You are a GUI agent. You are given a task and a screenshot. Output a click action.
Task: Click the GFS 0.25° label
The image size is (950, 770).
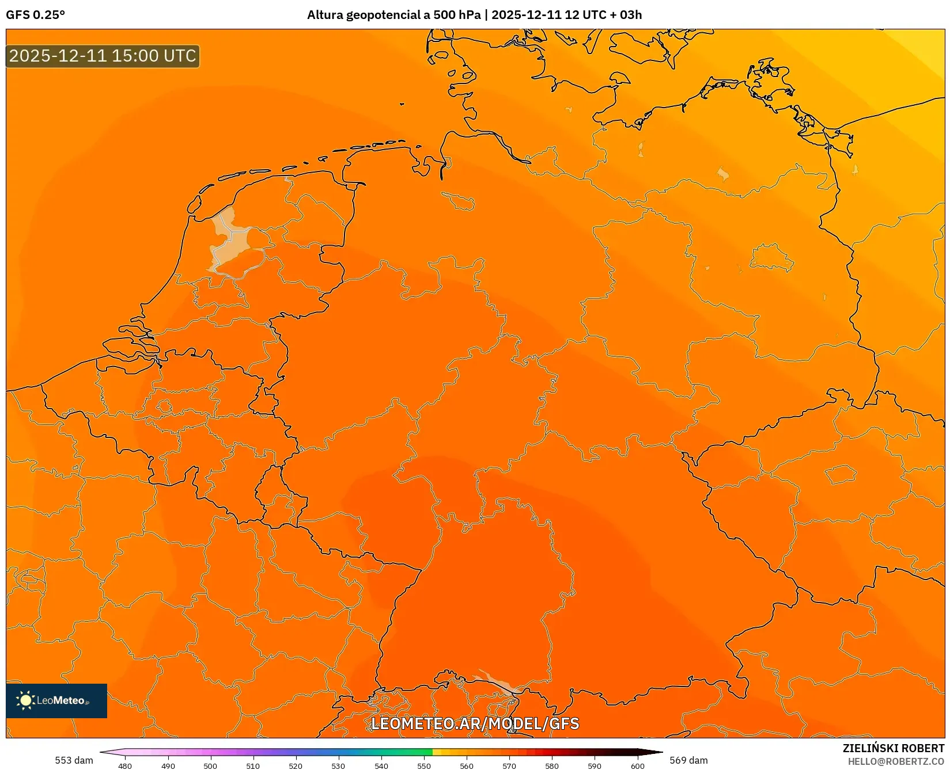tap(36, 15)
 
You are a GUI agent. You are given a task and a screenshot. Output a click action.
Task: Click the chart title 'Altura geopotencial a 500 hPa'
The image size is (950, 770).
tap(393, 15)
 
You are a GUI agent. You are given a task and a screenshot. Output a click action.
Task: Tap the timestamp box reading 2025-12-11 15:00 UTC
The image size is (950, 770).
tap(103, 56)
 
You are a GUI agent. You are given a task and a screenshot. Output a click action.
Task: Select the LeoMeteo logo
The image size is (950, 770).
tap(56, 700)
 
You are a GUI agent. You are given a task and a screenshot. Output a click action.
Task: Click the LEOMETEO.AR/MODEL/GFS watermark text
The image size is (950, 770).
tap(475, 723)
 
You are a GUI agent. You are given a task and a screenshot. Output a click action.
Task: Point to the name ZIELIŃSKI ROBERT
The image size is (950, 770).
tap(893, 748)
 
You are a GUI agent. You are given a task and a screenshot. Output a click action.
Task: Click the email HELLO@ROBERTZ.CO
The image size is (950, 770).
tap(896, 761)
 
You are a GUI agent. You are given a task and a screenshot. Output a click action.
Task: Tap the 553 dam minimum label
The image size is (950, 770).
tap(74, 760)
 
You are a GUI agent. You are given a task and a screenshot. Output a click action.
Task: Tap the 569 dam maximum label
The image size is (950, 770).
tap(688, 760)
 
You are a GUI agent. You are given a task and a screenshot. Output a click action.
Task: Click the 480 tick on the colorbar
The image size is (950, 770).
tap(125, 765)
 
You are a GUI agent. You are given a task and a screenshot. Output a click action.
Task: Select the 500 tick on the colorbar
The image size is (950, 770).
tap(210, 765)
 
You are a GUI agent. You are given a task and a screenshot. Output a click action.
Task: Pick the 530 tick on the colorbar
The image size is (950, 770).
tap(338, 765)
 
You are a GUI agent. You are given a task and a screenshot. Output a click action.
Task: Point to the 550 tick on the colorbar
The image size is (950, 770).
tap(424, 765)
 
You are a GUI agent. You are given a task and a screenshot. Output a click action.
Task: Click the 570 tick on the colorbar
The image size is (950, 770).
tap(509, 765)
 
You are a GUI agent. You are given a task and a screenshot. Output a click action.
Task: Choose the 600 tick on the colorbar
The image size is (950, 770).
tap(637, 765)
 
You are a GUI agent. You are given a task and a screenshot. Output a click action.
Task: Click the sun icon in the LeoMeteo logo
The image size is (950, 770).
tap(25, 700)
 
